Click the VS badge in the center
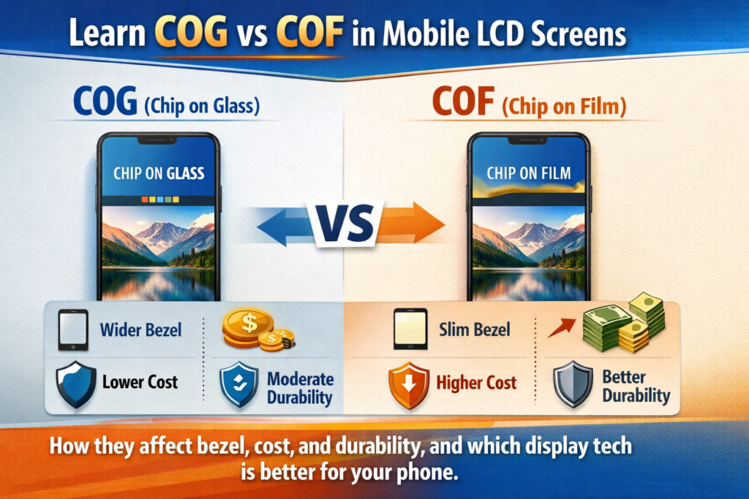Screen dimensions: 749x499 [346, 224]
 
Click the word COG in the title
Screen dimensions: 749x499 [191, 32]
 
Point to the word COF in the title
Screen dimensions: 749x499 [309, 32]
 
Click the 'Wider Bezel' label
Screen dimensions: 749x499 [140, 330]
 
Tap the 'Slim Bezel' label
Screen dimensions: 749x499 [474, 330]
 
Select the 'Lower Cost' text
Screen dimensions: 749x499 [140, 381]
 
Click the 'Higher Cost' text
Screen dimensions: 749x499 [476, 383]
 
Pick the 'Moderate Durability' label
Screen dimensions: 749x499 [300, 388]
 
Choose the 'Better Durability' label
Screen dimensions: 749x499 [636, 386]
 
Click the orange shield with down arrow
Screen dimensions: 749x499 [408, 385]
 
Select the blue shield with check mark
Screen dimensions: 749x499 [239, 384]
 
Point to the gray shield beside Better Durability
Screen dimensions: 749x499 [573, 384]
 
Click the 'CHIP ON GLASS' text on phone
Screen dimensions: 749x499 [159, 173]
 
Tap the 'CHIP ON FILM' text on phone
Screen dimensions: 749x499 [528, 173]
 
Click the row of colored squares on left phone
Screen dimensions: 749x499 [160, 199]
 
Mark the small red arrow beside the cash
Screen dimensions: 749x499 [562, 327]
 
